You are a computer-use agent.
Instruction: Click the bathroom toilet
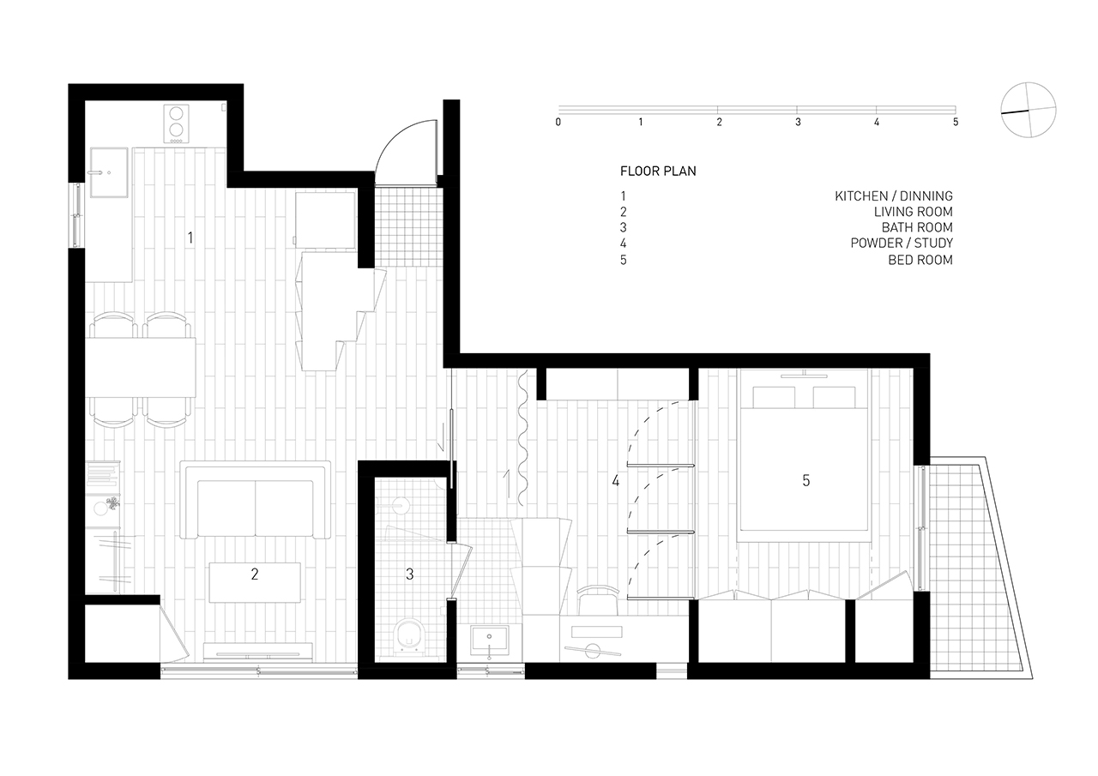click(410, 637)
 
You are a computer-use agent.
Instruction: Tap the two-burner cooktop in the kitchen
click(176, 124)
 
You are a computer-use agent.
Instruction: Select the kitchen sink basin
click(109, 172)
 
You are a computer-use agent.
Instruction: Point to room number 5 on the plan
click(805, 480)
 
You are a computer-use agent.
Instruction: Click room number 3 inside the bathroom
click(410, 574)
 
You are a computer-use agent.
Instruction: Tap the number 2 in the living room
click(255, 574)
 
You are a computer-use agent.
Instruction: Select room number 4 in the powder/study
click(615, 480)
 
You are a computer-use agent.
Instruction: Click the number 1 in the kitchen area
click(190, 238)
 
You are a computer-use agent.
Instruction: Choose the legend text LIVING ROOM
click(914, 212)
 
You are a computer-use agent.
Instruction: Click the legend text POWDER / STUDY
click(902, 243)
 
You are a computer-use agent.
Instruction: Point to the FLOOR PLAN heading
click(658, 171)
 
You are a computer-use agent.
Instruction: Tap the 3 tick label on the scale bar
click(798, 122)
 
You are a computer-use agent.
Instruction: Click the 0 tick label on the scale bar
click(558, 122)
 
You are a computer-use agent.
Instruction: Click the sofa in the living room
click(255, 500)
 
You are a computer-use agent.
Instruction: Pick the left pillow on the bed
click(774, 397)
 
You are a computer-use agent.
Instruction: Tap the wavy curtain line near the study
click(522, 437)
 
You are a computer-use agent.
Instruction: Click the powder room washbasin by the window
click(489, 641)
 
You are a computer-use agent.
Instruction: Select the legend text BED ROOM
click(920, 260)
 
